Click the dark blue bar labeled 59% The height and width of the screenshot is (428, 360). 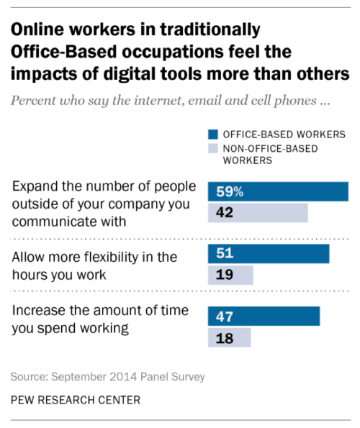click(x=277, y=191)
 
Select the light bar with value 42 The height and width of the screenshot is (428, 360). click(x=257, y=213)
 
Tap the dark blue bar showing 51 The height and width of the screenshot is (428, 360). click(x=268, y=254)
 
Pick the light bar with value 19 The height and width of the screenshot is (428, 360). click(x=230, y=276)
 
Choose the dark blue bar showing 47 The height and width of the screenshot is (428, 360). click(x=264, y=316)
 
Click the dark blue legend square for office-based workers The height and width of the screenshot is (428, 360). click(x=212, y=134)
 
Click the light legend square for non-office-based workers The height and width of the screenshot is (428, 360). click(x=212, y=149)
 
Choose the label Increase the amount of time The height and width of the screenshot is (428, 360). click(x=89, y=320)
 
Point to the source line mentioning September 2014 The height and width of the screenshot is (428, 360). click(x=108, y=376)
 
